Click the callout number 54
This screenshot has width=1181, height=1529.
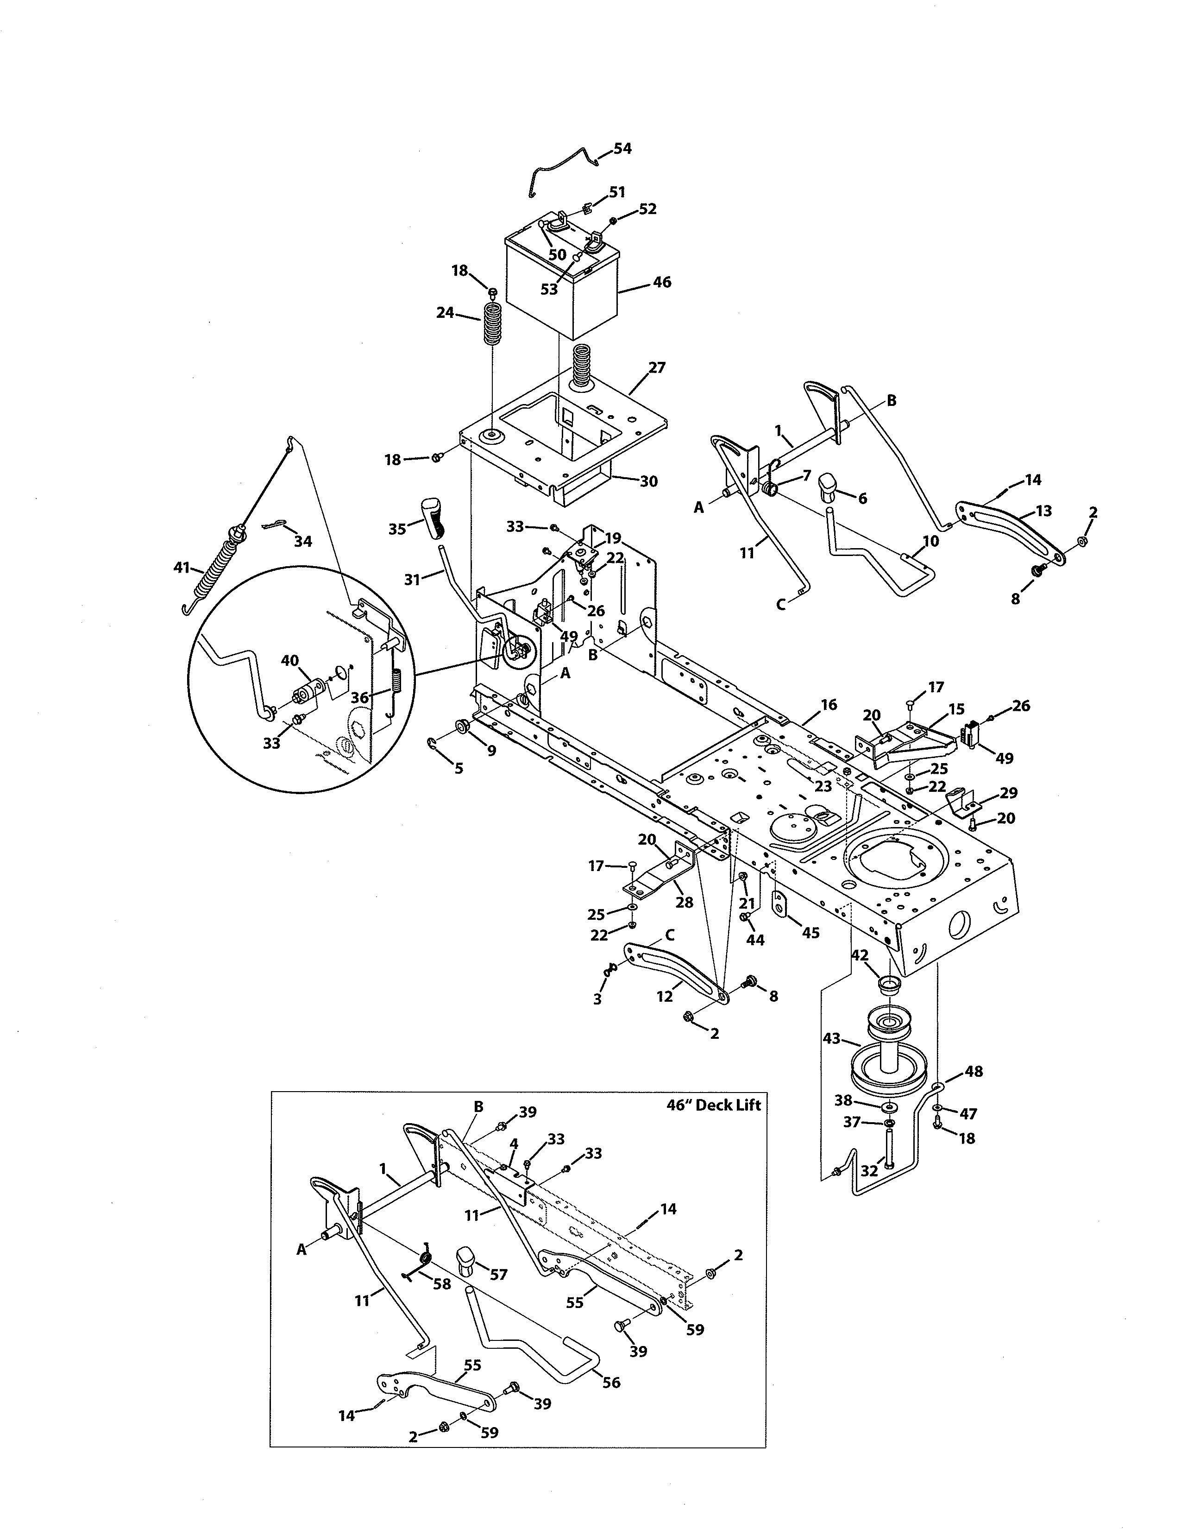[x=622, y=148]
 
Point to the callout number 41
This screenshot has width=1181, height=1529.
[x=182, y=567]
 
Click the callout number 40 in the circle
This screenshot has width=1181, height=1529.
[x=289, y=660]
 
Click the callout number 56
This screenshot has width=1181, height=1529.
[x=611, y=1383]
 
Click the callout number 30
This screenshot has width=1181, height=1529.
[x=648, y=482]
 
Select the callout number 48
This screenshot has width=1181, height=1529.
[x=973, y=1071]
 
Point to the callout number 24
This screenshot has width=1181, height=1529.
[x=445, y=313]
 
